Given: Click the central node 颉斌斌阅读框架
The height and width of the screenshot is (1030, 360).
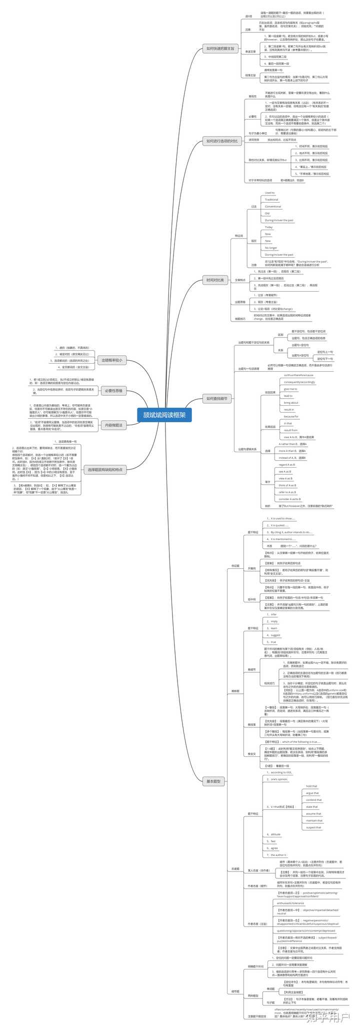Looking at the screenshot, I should click(x=164, y=415).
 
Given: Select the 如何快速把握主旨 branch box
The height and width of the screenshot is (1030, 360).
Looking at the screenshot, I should click(x=220, y=49).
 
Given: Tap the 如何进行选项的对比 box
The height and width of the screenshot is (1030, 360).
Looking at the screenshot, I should click(x=221, y=142).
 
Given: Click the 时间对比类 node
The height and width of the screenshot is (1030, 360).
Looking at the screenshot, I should click(x=216, y=280).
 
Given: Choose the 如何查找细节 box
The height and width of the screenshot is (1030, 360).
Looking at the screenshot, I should click(x=217, y=399).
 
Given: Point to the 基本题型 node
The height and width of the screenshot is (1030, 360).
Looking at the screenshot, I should click(x=213, y=781).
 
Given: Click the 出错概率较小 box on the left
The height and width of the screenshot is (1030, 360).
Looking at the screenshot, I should click(x=112, y=360).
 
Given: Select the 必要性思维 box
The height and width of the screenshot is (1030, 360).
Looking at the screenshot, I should click(x=113, y=390).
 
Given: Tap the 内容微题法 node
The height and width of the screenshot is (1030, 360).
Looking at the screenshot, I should click(x=113, y=425).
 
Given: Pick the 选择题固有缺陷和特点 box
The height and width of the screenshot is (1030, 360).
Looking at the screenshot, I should click(x=105, y=470).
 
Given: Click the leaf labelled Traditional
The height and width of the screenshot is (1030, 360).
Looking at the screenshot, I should click(x=271, y=200).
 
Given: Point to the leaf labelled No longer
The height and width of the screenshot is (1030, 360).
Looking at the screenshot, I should click(x=271, y=248).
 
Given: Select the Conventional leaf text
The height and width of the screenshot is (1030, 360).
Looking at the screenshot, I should click(x=273, y=207).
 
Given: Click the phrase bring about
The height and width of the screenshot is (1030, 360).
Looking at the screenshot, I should click(x=291, y=403).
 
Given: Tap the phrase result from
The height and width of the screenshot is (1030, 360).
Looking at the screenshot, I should click(x=290, y=430).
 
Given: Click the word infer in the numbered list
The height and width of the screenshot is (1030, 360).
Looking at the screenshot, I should click(x=273, y=614).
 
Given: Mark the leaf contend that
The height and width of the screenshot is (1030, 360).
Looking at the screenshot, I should click(x=314, y=800).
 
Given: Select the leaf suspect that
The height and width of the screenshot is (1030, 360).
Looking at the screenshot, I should click(x=314, y=827).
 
